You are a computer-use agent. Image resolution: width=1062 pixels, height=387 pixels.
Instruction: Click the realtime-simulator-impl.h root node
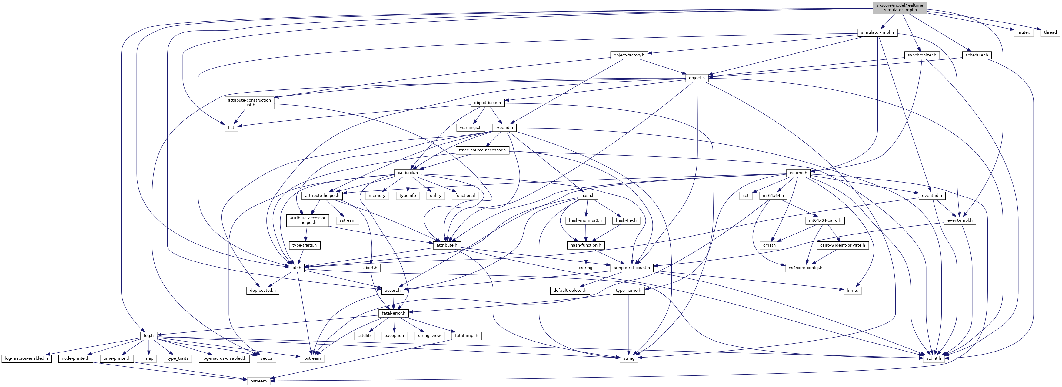point(899,7)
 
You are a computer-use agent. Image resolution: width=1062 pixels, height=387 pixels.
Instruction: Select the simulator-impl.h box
point(877,32)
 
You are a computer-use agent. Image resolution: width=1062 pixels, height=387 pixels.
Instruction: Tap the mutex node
point(1023,32)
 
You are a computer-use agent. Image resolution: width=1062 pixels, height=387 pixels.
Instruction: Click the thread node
point(1050,32)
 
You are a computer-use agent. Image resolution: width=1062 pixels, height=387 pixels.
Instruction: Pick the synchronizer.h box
point(921,55)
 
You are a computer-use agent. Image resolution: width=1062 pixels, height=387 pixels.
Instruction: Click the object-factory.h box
point(629,55)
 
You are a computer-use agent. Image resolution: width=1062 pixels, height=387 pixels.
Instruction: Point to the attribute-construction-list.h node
point(249,102)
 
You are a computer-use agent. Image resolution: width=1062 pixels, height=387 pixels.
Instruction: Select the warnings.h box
point(470,127)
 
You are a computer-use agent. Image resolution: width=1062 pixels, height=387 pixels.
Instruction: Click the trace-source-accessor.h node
point(482,150)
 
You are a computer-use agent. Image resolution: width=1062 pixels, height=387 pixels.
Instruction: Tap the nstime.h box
point(798,173)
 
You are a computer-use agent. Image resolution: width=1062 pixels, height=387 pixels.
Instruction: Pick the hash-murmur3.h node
point(585,220)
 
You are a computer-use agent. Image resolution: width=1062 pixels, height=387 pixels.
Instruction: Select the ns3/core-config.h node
point(805,268)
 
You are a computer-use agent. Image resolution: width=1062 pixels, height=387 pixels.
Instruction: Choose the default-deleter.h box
point(570,291)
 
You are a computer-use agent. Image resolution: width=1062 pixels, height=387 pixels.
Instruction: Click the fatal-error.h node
point(394,313)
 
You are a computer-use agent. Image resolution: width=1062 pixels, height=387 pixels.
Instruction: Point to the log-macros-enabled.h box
point(26,358)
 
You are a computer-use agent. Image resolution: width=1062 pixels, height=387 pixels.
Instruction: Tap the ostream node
point(258,381)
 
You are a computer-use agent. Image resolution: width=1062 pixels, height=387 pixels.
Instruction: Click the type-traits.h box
point(304,245)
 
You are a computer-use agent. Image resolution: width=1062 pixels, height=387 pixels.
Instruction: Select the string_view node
point(429,335)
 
